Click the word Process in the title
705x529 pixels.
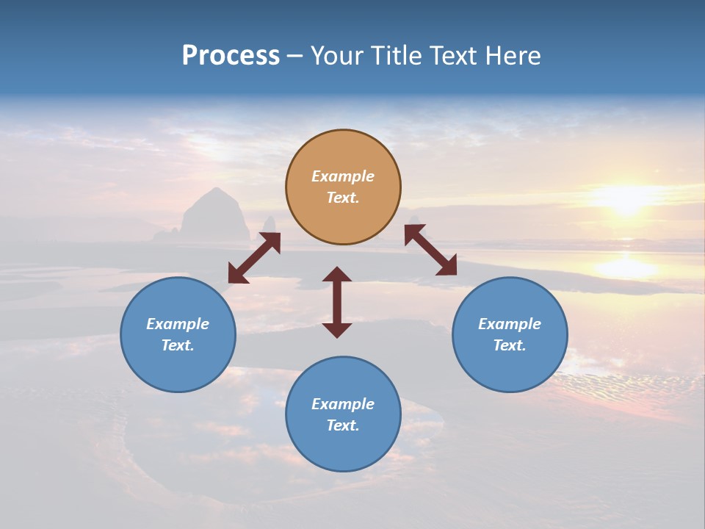click(x=231, y=56)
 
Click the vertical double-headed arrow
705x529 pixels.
click(x=337, y=302)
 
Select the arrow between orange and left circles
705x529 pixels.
click(x=254, y=258)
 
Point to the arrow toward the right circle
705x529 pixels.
click(x=430, y=250)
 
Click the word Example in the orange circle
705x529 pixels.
click(x=343, y=176)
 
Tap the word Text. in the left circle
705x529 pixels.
click(x=178, y=345)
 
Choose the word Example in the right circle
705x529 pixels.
click(x=510, y=324)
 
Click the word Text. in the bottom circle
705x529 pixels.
click(x=343, y=425)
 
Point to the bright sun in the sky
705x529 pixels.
click(x=625, y=198)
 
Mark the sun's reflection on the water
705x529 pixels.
click(x=625, y=265)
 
